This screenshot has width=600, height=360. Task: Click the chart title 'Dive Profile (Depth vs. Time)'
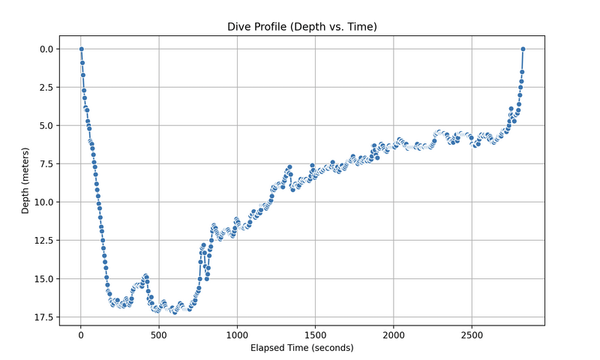[x=302, y=27]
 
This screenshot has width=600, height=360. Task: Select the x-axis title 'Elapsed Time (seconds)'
[x=302, y=348]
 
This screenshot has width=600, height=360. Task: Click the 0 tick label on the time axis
[x=81, y=334]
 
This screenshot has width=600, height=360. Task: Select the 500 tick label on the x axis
[x=159, y=334]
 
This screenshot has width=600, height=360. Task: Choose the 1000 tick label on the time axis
[x=237, y=334]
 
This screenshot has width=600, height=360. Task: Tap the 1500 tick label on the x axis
[x=315, y=334]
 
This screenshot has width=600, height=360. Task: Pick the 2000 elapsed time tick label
[x=394, y=334]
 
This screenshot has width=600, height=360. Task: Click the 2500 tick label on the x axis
[x=472, y=334]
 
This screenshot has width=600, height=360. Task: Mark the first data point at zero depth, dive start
[x=81, y=49]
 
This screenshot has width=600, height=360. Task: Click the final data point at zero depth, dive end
[x=523, y=49]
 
